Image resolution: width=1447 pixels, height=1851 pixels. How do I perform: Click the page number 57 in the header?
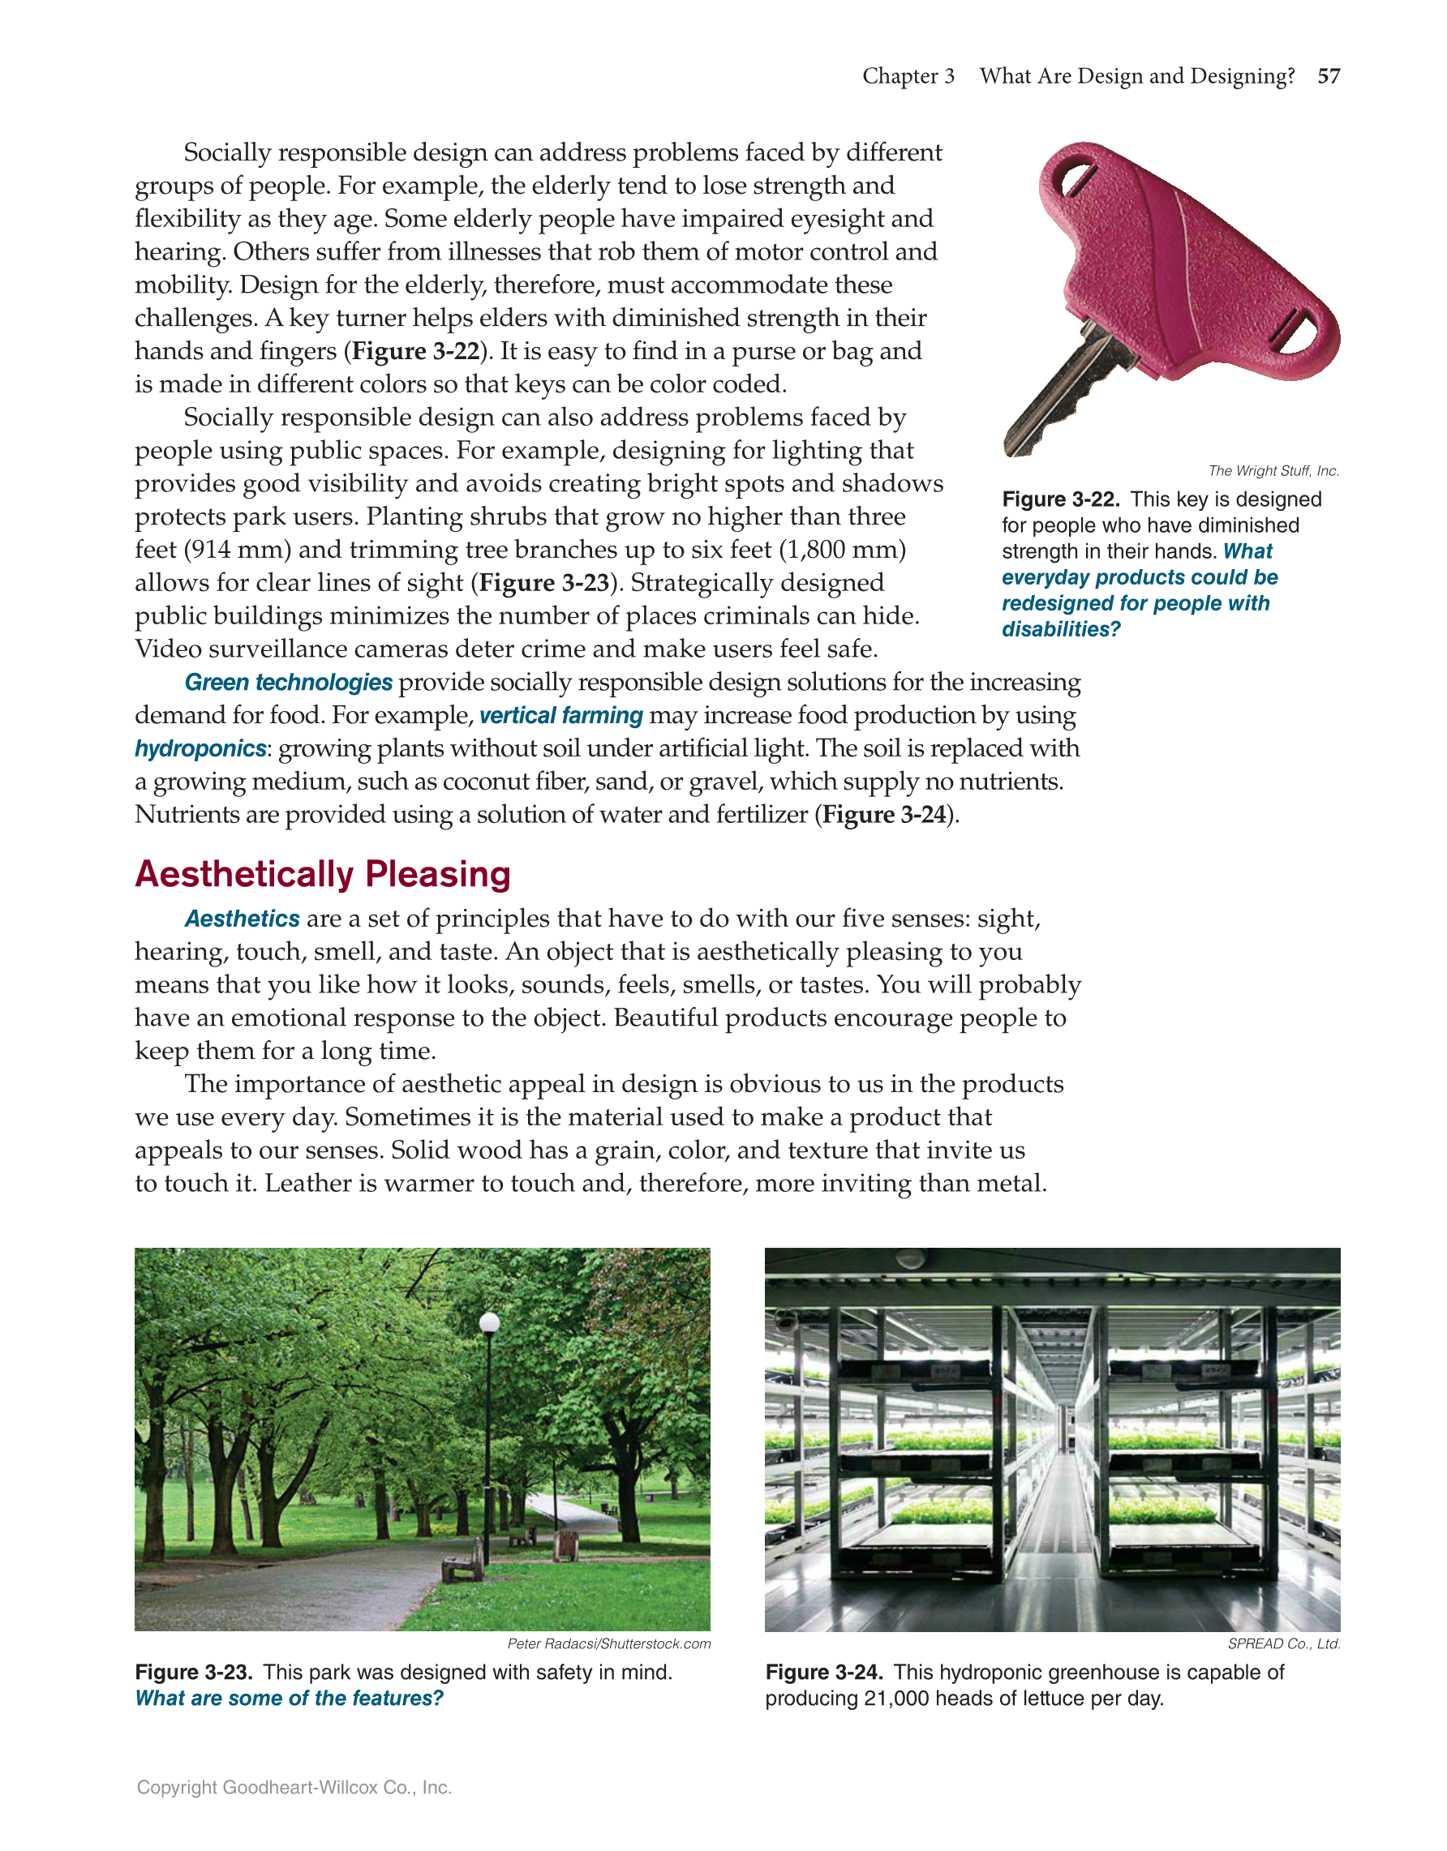click(x=1329, y=76)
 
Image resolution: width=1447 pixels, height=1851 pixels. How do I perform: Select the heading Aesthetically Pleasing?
click(x=322, y=874)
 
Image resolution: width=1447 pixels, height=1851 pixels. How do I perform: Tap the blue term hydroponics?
click(x=200, y=748)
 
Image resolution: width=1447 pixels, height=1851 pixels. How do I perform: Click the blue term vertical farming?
click(x=561, y=715)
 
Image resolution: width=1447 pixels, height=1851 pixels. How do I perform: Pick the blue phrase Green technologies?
click(x=288, y=682)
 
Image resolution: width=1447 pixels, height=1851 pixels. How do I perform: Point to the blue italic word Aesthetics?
click(x=242, y=919)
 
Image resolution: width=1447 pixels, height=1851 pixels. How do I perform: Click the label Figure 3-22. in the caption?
click(x=1059, y=499)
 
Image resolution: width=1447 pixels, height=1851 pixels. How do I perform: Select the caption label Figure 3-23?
click(x=193, y=1672)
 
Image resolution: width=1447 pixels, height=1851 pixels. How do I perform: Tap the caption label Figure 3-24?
click(x=824, y=1672)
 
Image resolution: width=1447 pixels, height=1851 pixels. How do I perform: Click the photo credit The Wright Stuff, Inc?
click(x=1273, y=470)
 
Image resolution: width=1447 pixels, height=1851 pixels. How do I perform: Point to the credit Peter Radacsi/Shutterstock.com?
click(x=608, y=1643)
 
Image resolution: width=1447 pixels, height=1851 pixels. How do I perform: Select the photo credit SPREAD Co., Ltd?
click(x=1283, y=1643)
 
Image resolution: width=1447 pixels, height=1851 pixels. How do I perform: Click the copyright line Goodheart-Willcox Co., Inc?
click(x=294, y=1788)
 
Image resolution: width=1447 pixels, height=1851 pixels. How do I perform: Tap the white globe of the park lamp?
click(x=489, y=1322)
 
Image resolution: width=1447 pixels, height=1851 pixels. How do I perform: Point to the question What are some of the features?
click(x=289, y=1699)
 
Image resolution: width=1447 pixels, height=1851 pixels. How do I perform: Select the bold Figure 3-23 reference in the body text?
click(x=544, y=583)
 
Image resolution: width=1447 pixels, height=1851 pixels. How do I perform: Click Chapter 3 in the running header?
click(x=908, y=76)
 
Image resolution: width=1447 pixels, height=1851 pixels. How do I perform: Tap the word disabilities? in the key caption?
click(x=1060, y=629)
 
